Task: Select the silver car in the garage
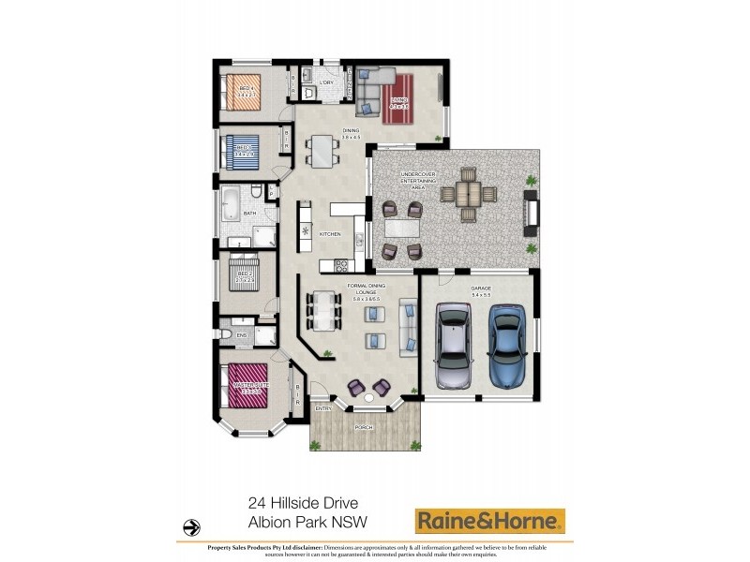454,347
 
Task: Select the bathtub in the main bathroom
230,200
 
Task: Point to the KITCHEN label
329,233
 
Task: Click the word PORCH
363,428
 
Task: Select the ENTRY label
323,408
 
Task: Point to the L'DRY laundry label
327,83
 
